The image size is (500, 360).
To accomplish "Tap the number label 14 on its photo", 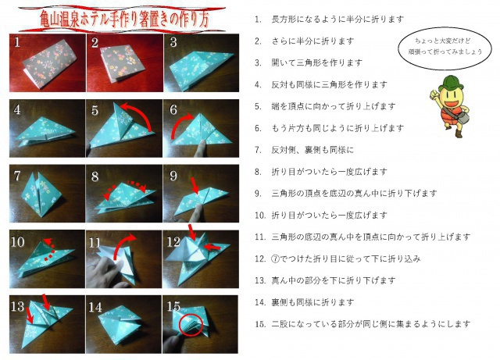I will (97, 305).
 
